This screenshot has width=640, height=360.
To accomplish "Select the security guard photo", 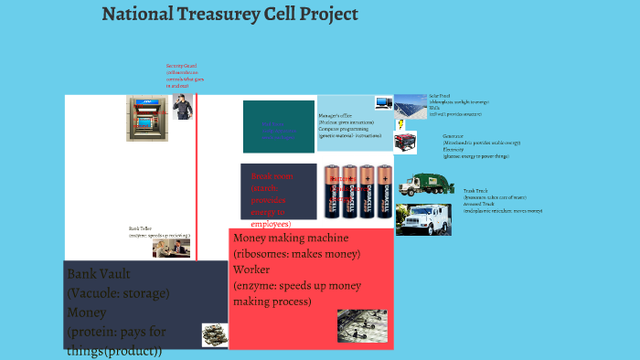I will [x=183, y=107].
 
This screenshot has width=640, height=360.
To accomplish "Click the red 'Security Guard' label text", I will [x=181, y=66].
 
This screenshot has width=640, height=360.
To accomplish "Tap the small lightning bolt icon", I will [x=400, y=124].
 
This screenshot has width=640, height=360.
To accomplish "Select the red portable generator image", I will [x=405, y=143].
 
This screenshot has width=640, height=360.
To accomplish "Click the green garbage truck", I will [x=428, y=185].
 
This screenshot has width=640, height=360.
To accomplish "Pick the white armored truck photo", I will [x=421, y=219].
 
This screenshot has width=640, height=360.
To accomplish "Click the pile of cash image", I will [x=214, y=334].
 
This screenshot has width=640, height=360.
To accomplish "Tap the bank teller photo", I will [x=170, y=248].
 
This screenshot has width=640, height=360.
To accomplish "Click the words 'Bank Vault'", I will [x=100, y=274].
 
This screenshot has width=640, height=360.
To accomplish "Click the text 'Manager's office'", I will [x=335, y=117].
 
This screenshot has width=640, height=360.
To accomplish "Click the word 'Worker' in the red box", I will [x=251, y=270].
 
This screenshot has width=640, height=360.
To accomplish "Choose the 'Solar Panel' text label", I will [x=441, y=95].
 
